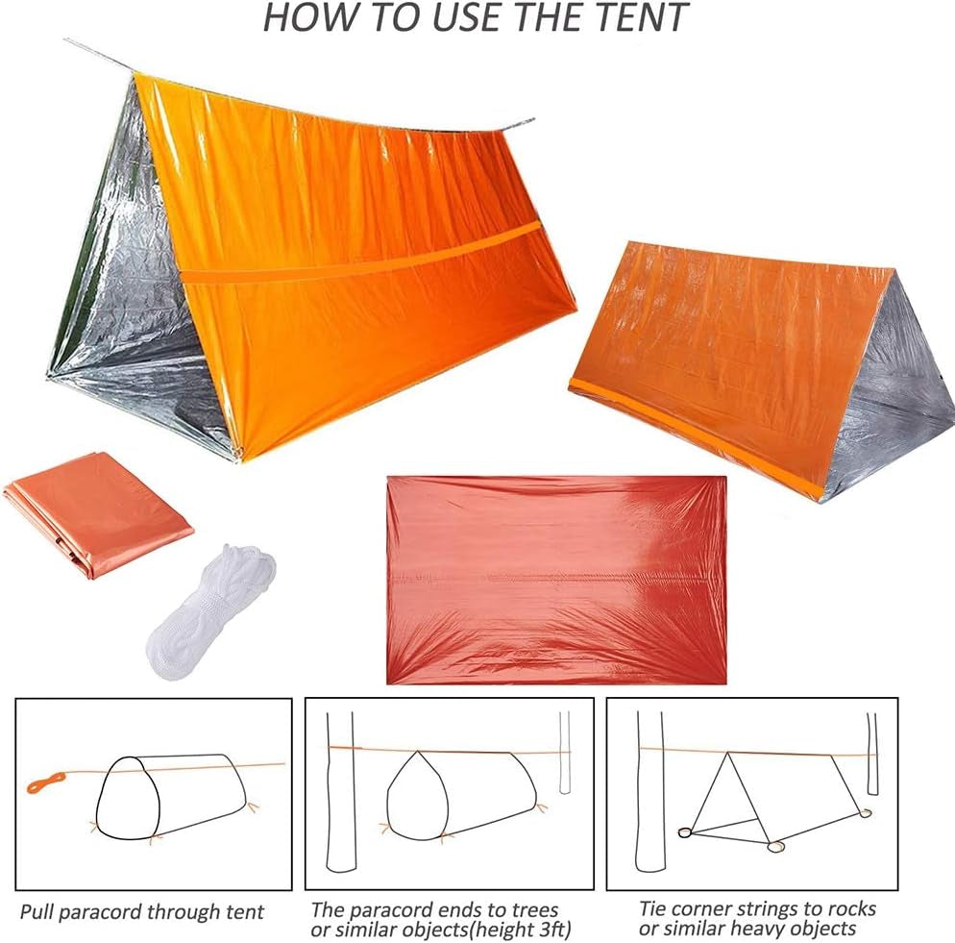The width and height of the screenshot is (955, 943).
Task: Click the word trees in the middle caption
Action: click(x=530, y=908)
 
